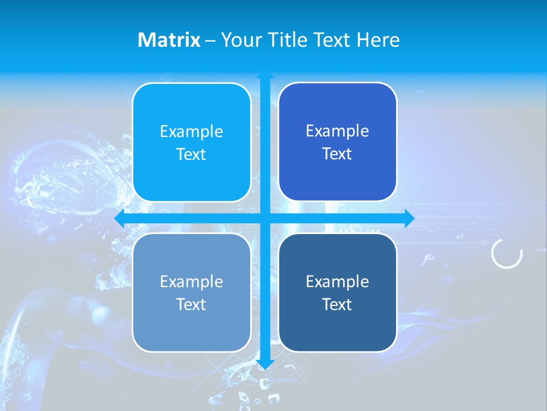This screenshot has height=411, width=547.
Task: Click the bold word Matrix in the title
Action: [169, 40]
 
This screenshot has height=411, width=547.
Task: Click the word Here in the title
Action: [378, 40]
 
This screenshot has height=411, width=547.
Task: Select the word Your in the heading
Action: [240, 40]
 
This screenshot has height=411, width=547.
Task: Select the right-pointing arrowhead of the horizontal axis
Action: [409, 219]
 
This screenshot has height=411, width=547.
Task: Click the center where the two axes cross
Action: [265, 219]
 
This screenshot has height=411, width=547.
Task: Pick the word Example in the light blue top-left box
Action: [191, 132]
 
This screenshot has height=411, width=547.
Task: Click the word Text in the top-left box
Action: [191, 155]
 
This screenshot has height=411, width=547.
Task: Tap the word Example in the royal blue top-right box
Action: [337, 131]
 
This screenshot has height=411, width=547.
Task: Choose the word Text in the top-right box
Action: [337, 154]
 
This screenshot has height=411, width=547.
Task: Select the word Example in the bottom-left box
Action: [191, 281]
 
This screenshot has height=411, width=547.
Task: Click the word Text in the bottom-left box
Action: [191, 304]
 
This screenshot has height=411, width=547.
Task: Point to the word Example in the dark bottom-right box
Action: [337, 281]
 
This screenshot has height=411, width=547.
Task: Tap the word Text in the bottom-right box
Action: [337, 304]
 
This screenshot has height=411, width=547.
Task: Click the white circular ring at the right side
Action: [507, 253]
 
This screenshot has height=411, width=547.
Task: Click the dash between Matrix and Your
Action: [210, 41]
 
